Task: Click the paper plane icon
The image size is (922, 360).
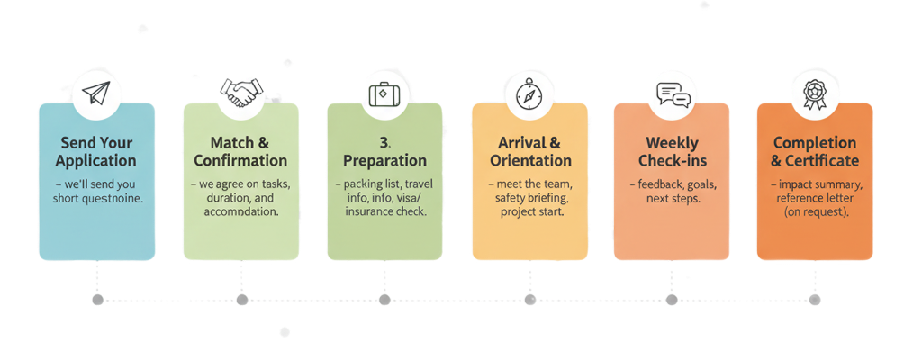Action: (x=96, y=93)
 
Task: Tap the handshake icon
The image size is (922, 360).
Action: (x=240, y=93)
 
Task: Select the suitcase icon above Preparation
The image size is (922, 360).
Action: (x=384, y=93)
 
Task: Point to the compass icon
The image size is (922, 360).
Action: (x=529, y=93)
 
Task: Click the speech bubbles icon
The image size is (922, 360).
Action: (x=673, y=93)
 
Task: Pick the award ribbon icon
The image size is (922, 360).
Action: (x=814, y=93)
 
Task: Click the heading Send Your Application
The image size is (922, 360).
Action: (x=96, y=151)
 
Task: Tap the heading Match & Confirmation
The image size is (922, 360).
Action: (x=240, y=151)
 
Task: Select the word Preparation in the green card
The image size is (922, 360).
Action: (x=384, y=161)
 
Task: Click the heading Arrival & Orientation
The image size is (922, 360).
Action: (x=529, y=151)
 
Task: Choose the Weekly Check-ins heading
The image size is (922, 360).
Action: (x=673, y=151)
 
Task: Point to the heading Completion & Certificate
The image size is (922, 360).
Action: (x=815, y=151)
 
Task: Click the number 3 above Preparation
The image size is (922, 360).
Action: (x=384, y=142)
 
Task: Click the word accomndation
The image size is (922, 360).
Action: (x=240, y=212)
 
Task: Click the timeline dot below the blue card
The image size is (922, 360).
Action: (x=97, y=298)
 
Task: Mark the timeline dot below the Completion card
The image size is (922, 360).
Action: (x=815, y=298)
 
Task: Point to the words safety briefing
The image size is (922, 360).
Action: (x=529, y=199)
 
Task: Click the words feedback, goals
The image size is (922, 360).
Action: (x=673, y=184)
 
